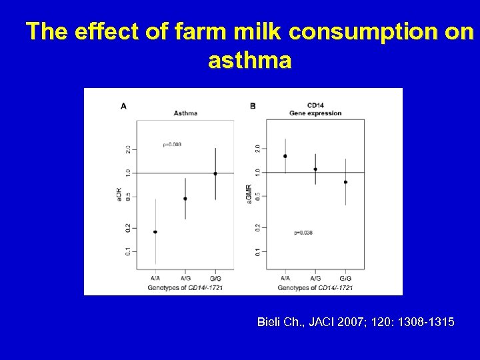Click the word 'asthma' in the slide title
[x=249, y=61]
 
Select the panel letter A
[x=123, y=105]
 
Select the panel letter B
[x=253, y=105]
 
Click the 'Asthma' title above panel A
[x=185, y=113]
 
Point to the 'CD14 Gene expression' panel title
[x=315, y=109]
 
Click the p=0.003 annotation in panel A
[x=172, y=144]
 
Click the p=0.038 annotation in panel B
[x=303, y=233]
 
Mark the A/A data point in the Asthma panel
[x=155, y=232]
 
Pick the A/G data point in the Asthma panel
[x=185, y=199]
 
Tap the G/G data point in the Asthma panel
[x=215, y=173]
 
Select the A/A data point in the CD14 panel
[x=285, y=156]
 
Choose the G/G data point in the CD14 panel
[x=345, y=182]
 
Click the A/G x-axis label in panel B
[x=315, y=278]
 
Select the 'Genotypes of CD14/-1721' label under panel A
[x=185, y=287]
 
